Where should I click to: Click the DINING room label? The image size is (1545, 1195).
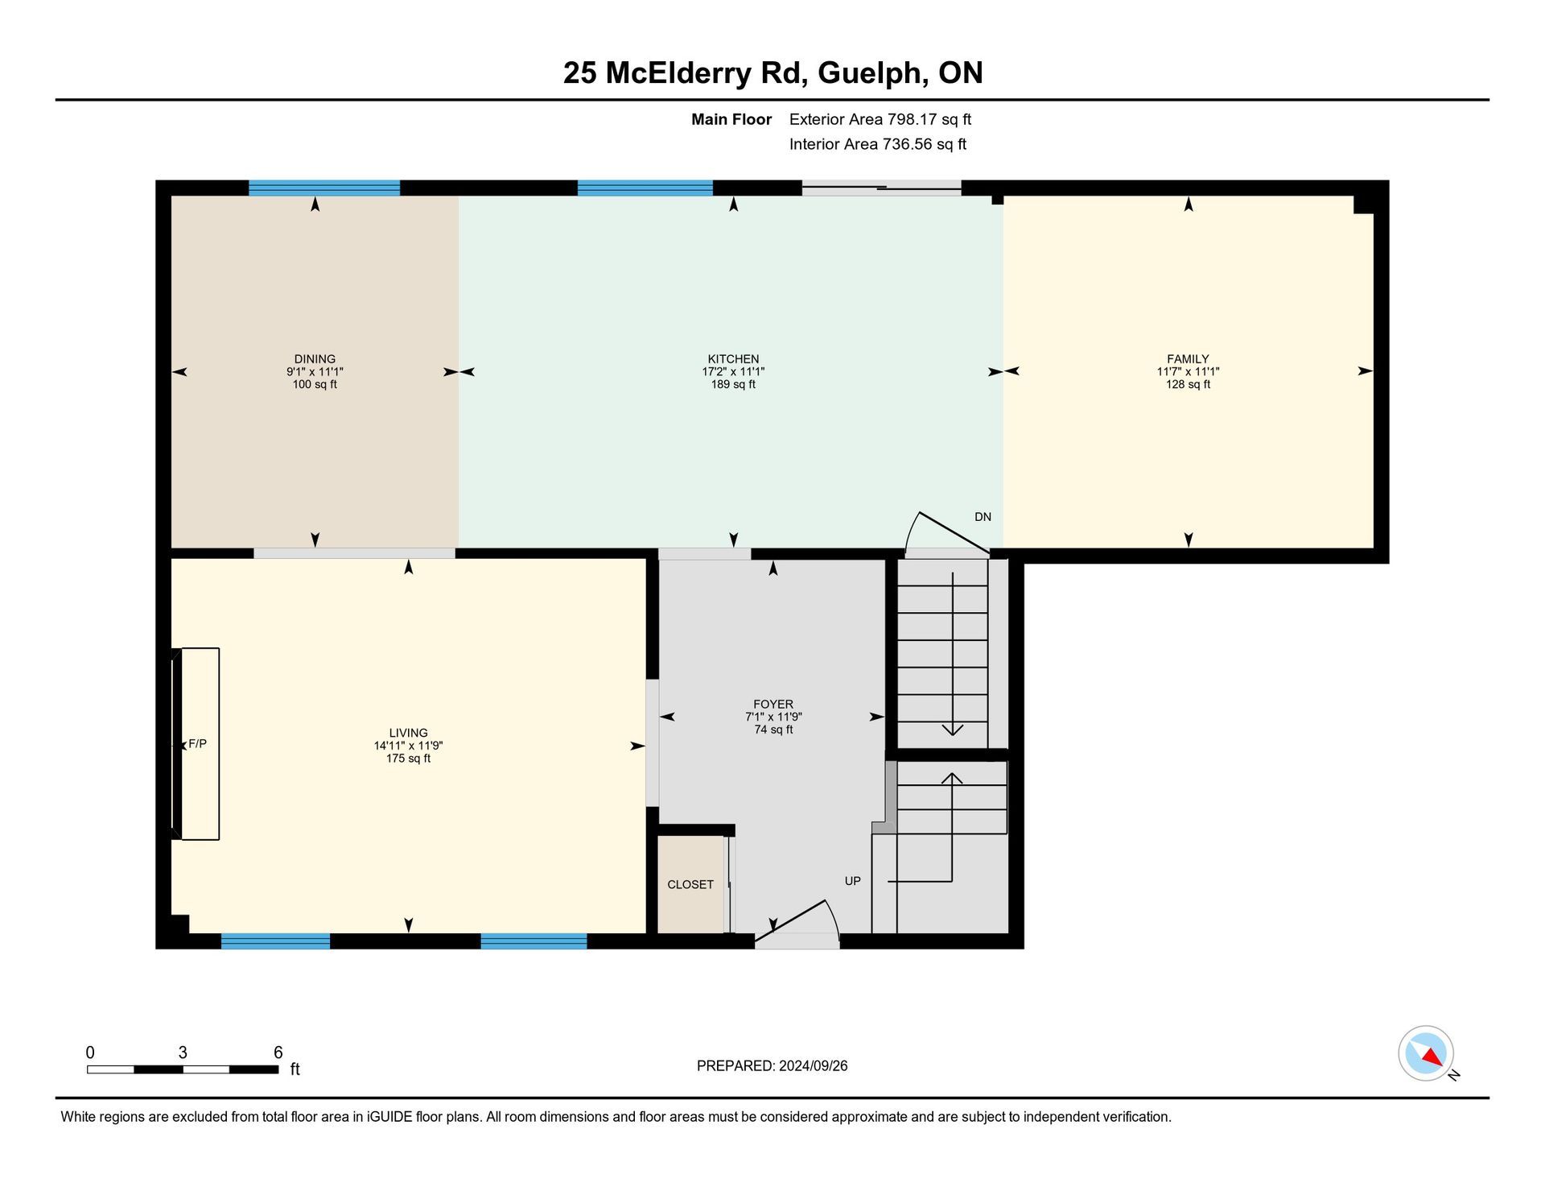pyautogui.click(x=315, y=359)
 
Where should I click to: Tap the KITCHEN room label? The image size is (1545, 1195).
pyautogui.click(x=733, y=359)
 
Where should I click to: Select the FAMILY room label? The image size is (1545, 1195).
pyautogui.click(x=1188, y=359)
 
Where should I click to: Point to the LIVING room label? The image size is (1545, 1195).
pyautogui.click(x=408, y=733)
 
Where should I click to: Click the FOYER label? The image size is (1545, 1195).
pyautogui.click(x=773, y=704)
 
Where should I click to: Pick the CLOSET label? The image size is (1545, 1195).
pyautogui.click(x=690, y=884)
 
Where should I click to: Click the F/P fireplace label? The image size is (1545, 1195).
pyautogui.click(x=197, y=744)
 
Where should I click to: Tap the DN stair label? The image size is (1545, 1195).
pyautogui.click(x=983, y=517)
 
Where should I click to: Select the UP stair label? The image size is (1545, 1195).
pyautogui.click(x=853, y=881)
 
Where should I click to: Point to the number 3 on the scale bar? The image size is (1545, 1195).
pyautogui.click(x=183, y=1052)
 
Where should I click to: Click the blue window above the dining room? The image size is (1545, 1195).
pyautogui.click(x=324, y=188)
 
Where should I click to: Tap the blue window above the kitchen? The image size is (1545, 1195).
pyautogui.click(x=645, y=188)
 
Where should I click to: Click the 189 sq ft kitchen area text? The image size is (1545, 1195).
pyautogui.click(x=733, y=385)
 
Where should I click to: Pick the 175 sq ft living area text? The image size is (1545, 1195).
pyautogui.click(x=408, y=759)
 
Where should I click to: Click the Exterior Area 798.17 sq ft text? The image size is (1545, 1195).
pyautogui.click(x=880, y=119)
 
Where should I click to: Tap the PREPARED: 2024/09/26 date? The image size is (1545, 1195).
pyautogui.click(x=772, y=1066)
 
